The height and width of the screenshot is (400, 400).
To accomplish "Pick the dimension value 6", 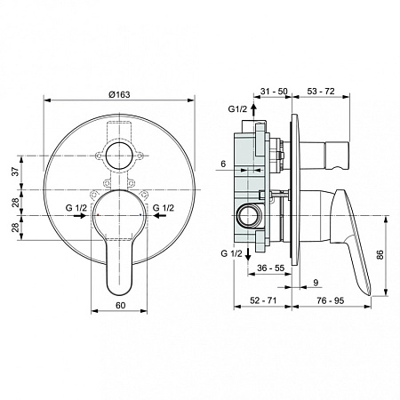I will click(225, 164).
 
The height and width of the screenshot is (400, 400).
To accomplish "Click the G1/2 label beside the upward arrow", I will click(236, 109).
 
